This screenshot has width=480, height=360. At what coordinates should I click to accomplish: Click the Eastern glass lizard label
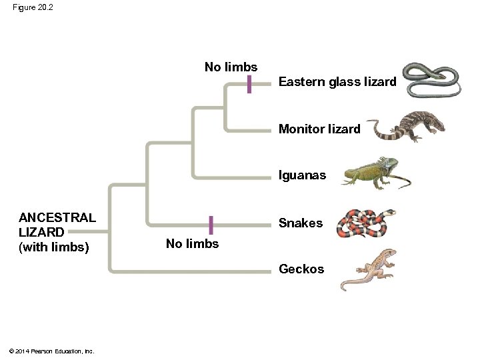pyautogui.click(x=337, y=82)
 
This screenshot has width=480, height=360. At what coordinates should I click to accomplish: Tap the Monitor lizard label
pyautogui.click(x=319, y=129)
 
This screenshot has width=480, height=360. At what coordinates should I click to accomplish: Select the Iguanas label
pyautogui.click(x=302, y=175)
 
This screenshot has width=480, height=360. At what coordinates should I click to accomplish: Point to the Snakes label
pyautogui.click(x=300, y=223)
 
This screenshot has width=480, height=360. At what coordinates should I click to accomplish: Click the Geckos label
pyautogui.click(x=301, y=269)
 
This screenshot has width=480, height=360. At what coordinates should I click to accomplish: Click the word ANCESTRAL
pyautogui.click(x=57, y=218)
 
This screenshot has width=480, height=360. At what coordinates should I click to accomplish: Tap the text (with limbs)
pyautogui.click(x=53, y=247)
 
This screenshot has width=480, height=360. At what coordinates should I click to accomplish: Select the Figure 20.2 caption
pyautogui.click(x=32, y=7)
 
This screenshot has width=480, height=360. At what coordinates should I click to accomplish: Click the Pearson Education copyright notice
pyautogui.click(x=51, y=351)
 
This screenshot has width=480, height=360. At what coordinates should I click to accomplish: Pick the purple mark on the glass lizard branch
pyautogui.click(x=249, y=84)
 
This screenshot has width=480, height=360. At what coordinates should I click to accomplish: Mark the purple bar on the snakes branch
pyautogui.click(x=211, y=225)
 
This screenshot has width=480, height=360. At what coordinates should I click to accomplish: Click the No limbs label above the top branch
pyautogui.click(x=231, y=67)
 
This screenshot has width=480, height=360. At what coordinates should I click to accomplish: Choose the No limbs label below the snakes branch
pyautogui.click(x=192, y=244)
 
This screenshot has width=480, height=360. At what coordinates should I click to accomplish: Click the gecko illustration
pyautogui.click(x=369, y=269)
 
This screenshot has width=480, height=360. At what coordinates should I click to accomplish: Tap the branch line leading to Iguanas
pyautogui.click(x=233, y=177)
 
